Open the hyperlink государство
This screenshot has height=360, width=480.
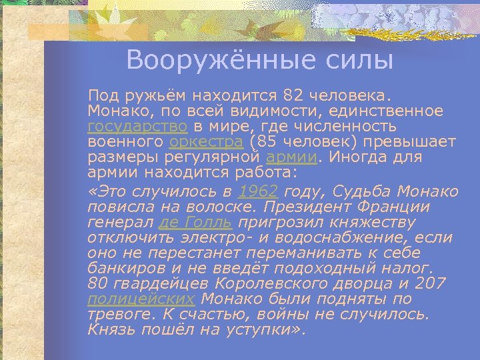[138, 127]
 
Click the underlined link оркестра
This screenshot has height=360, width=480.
[207, 142]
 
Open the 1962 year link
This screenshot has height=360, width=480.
[258, 191]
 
